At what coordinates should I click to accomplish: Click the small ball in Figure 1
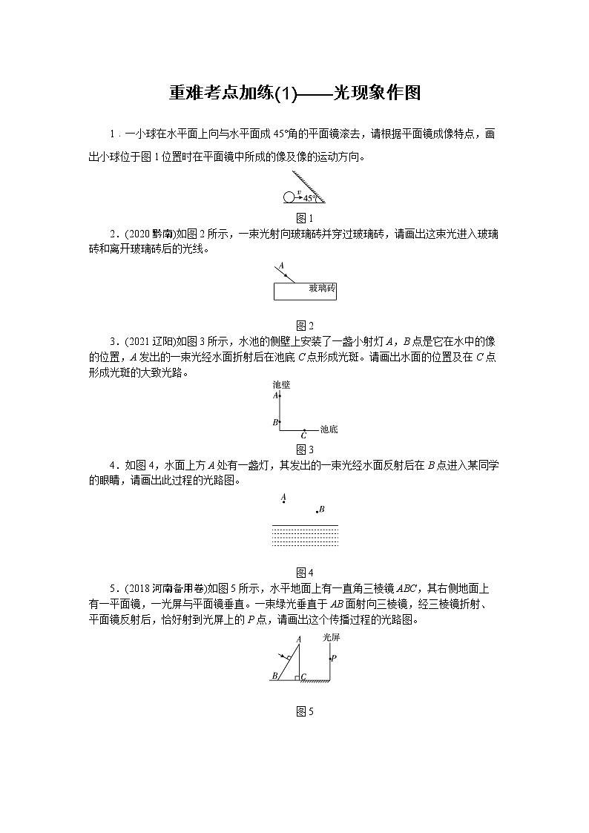pos(289,197)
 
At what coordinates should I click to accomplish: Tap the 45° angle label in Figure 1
pos(310,198)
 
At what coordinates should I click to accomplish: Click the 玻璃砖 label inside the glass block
pos(321,287)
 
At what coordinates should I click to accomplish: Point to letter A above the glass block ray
pos(281,266)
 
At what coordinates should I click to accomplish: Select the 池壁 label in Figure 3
pos(281,385)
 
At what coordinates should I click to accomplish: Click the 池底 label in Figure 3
pos(329,429)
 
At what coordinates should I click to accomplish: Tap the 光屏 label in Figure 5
pos(332,637)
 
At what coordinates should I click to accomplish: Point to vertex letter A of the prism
pos(298,639)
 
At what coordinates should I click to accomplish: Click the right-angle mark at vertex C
pos(296,676)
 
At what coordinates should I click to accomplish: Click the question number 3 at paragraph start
pos(112,341)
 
